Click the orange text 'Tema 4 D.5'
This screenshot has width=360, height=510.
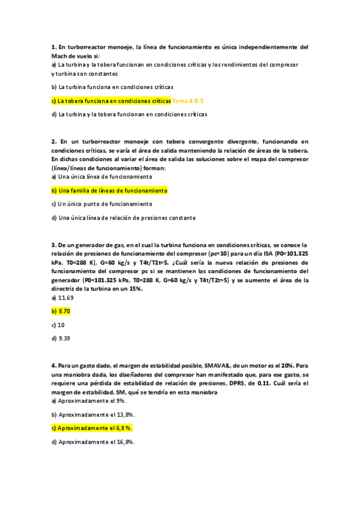tap(188, 100)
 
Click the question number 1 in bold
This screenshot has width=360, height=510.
tap(53, 46)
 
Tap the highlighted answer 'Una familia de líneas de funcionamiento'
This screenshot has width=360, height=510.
tap(109, 190)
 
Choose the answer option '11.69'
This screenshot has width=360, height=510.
tap(65, 297)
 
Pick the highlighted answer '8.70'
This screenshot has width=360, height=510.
tap(61, 311)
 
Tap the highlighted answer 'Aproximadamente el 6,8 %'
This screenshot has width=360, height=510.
tap(92, 428)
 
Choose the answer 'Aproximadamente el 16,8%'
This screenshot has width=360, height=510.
tap(93, 441)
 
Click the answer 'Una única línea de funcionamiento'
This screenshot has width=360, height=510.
tap(102, 177)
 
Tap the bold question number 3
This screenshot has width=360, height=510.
tap(53, 245)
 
